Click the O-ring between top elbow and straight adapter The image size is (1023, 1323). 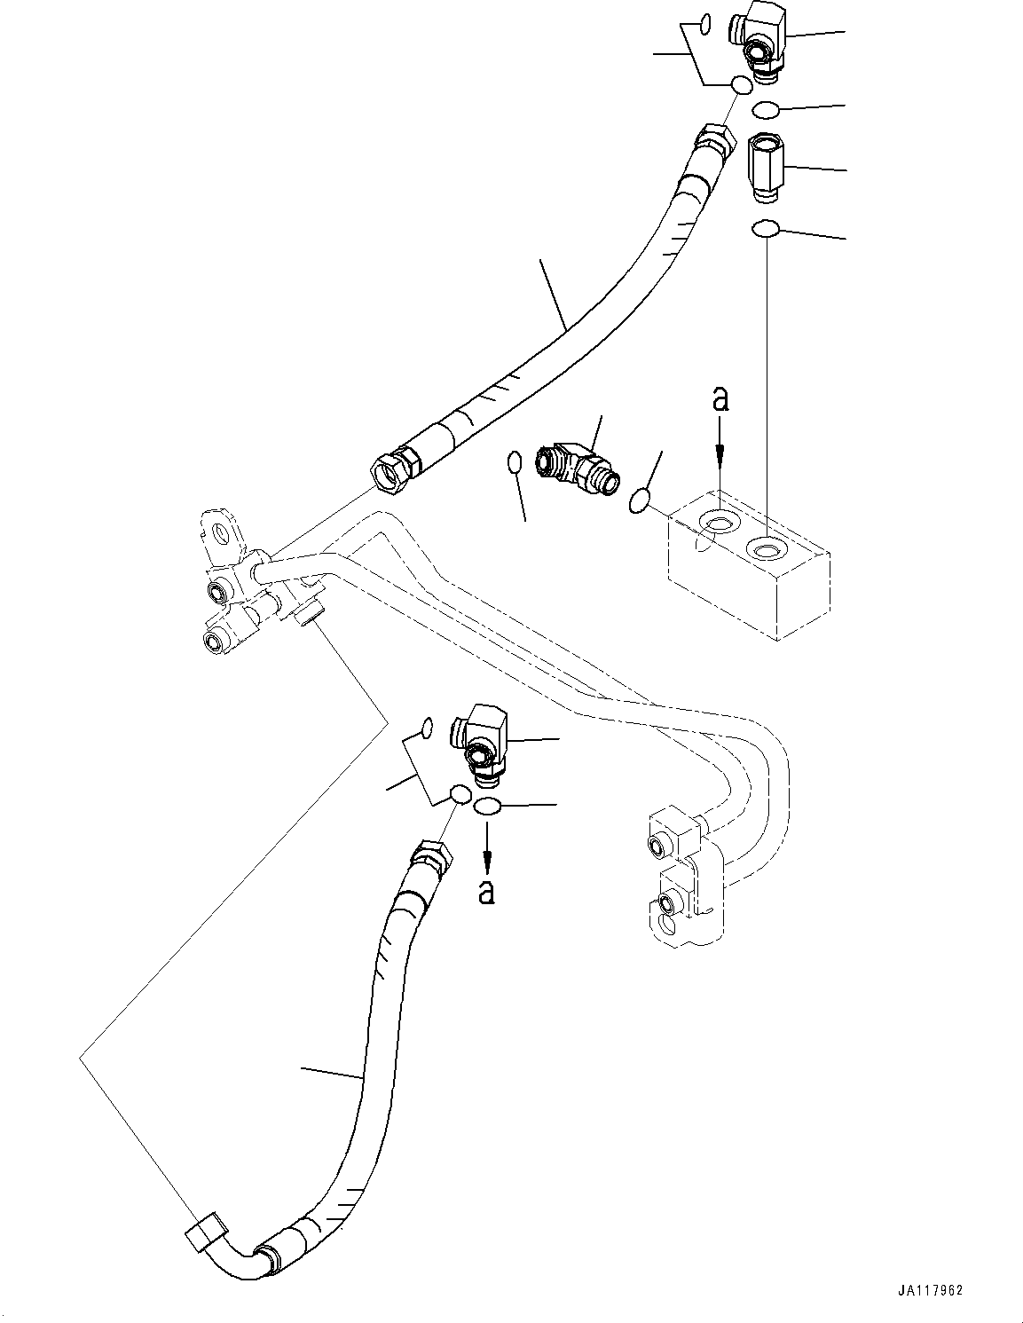(x=765, y=109)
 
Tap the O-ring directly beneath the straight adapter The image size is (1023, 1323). (x=765, y=230)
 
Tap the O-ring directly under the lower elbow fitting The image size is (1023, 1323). (x=487, y=807)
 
